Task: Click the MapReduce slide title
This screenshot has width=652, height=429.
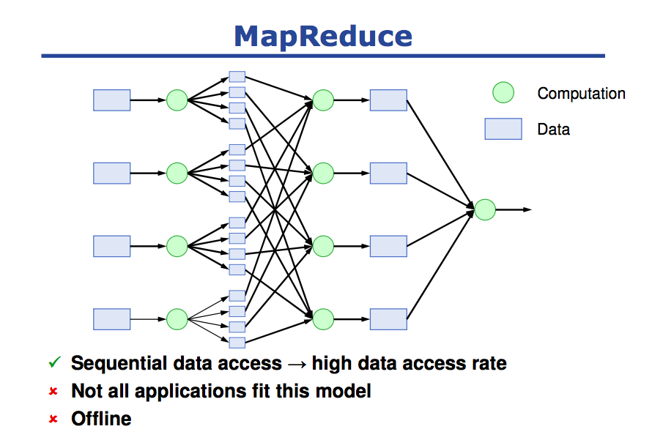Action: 323,37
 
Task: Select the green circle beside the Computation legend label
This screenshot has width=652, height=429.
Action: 503,92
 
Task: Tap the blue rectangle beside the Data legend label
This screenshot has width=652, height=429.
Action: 503,129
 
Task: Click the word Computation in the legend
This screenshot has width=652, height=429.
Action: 582,94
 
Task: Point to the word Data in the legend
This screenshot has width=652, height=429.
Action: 553,130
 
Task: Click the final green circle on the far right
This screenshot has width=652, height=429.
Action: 485,209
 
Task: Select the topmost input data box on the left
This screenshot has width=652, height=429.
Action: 112,100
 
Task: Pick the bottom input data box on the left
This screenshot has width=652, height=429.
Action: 112,319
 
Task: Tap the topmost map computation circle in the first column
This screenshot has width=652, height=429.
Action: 177,100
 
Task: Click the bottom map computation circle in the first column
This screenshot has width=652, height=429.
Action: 177,319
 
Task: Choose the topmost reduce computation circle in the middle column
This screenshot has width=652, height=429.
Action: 323,100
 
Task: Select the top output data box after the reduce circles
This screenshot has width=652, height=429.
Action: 388,100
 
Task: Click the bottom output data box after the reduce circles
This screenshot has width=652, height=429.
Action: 388,319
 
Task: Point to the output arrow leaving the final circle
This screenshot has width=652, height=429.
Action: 514,209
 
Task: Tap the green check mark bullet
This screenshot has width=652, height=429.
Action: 54,362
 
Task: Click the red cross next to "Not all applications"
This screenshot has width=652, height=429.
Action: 53,391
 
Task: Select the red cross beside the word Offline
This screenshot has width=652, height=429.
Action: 53,419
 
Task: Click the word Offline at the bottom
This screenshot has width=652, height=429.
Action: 101,419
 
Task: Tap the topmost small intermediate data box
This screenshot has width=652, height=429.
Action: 237,77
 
